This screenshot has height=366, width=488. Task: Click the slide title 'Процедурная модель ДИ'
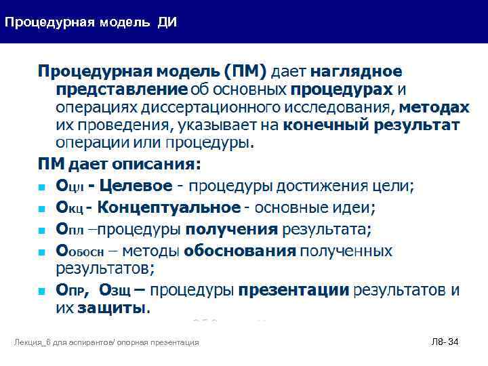91,22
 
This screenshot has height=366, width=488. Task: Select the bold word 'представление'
121,89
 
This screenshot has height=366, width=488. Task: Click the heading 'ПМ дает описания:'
119,163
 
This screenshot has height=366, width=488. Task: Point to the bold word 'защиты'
113,308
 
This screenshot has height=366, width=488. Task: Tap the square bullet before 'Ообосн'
41,252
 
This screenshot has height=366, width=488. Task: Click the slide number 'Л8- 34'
445,342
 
